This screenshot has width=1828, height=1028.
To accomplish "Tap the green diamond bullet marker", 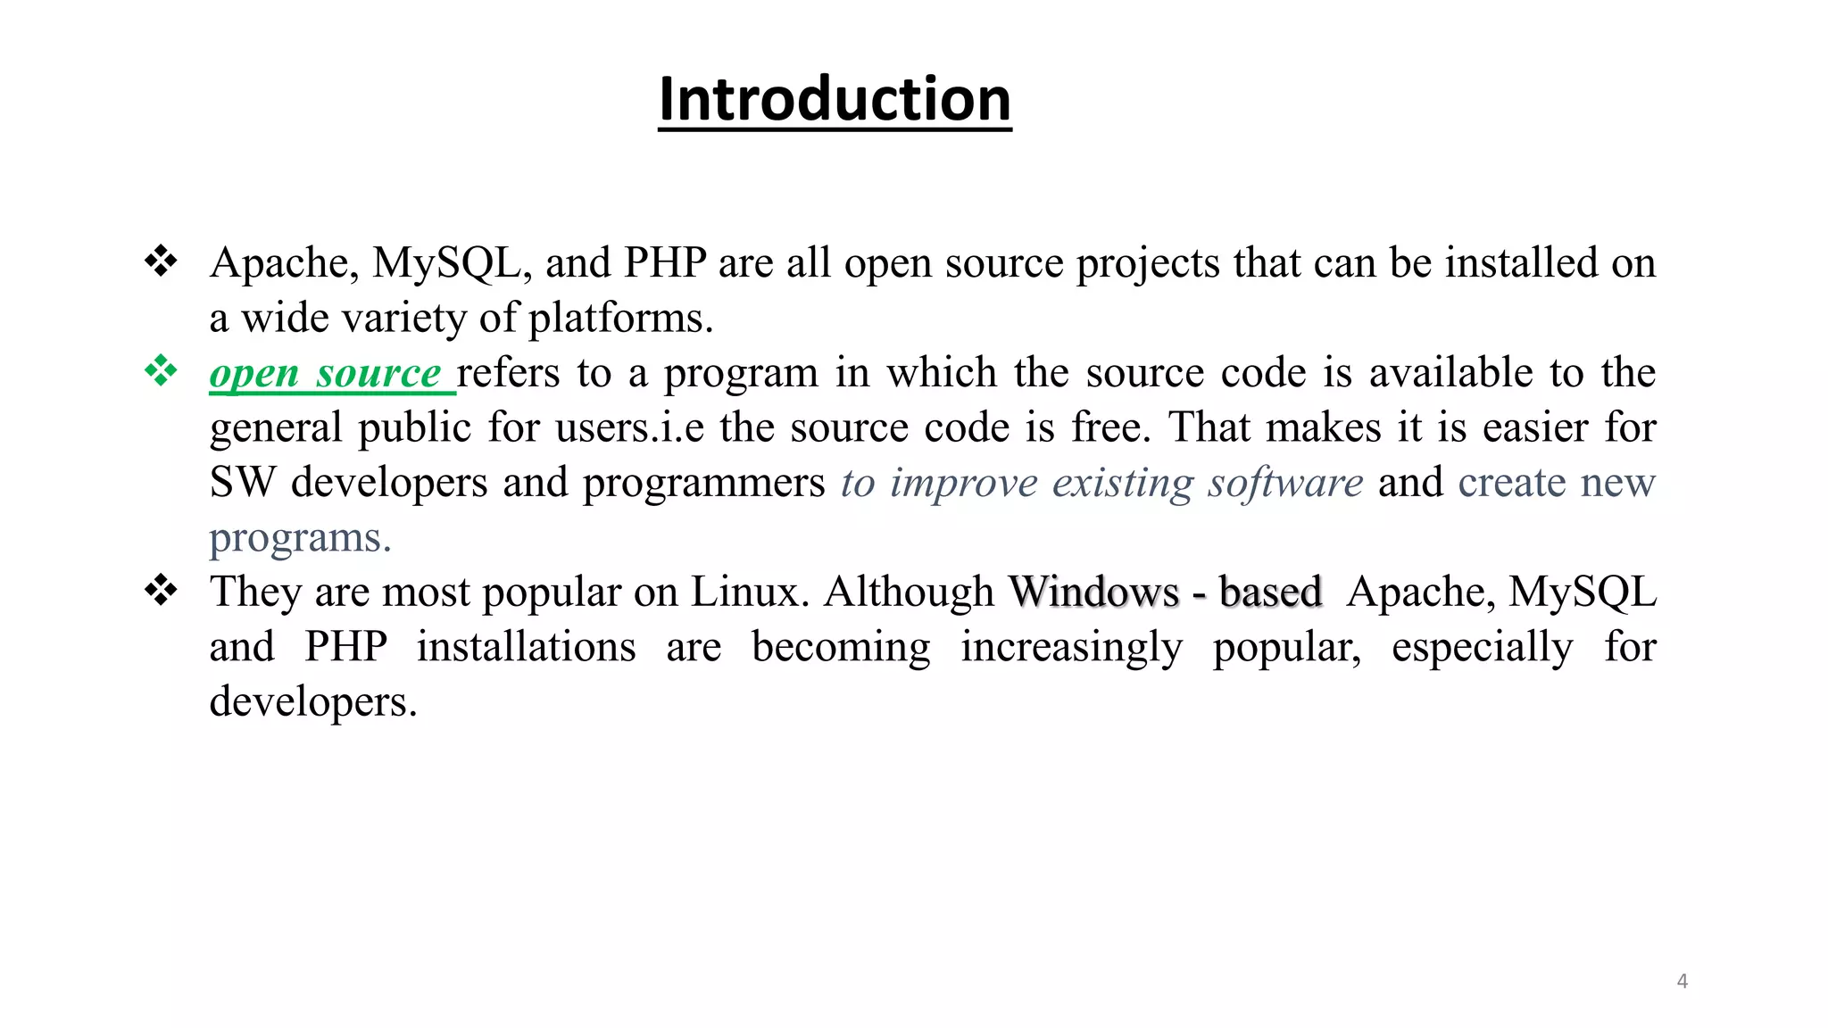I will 161,371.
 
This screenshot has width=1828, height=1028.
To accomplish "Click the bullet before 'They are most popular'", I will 161,590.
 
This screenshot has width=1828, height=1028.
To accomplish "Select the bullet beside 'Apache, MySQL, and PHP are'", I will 161,261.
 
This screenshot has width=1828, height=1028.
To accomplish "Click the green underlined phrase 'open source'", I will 326,374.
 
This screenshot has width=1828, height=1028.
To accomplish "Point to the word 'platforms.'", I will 621,319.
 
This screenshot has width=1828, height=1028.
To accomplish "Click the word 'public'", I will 414,428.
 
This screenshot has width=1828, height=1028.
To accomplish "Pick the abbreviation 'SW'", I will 242,483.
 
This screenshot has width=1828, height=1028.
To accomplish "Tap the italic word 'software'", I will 1285,483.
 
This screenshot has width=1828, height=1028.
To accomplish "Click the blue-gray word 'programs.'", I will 300,538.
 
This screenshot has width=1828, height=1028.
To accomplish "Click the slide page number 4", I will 1682,982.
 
